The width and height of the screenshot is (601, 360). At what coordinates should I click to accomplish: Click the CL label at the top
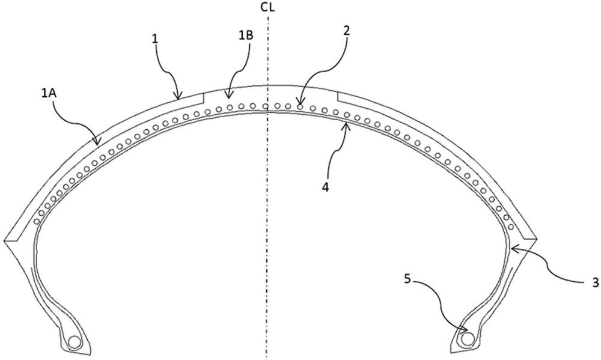(x=267, y=7)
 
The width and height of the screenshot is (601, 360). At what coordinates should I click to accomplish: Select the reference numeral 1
(x=156, y=38)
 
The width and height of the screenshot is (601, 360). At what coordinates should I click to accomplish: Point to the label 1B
(x=246, y=35)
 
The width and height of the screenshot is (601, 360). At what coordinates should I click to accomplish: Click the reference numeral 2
(x=346, y=31)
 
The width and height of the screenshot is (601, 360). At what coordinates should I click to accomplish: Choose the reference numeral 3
(x=595, y=283)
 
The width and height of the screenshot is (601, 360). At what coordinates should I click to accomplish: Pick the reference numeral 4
(x=325, y=188)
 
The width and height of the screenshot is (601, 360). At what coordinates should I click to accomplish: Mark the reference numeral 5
(x=407, y=279)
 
